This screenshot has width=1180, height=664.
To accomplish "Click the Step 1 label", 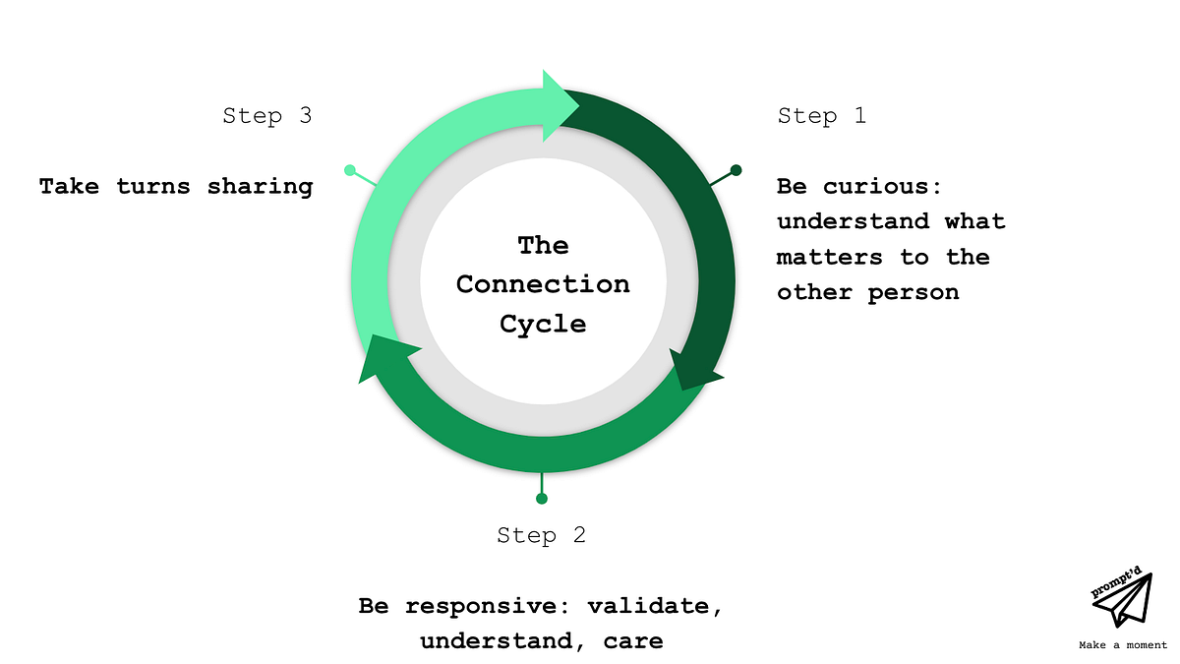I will (x=821, y=116).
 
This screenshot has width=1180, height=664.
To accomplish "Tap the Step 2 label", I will (x=541, y=535).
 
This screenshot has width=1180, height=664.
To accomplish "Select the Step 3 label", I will (x=266, y=116).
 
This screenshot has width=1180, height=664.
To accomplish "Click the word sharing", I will (x=260, y=186).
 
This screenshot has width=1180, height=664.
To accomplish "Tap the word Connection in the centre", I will (x=543, y=284).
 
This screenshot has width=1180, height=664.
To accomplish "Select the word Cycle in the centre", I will (x=543, y=324).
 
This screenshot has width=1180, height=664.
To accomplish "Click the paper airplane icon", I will (x=1127, y=601).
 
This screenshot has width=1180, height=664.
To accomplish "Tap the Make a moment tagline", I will (x=1122, y=646).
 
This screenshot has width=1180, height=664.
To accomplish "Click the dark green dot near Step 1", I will (x=736, y=170).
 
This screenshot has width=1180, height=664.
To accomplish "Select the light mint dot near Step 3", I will (x=350, y=170).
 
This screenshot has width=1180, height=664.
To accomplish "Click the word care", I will (x=633, y=641).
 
